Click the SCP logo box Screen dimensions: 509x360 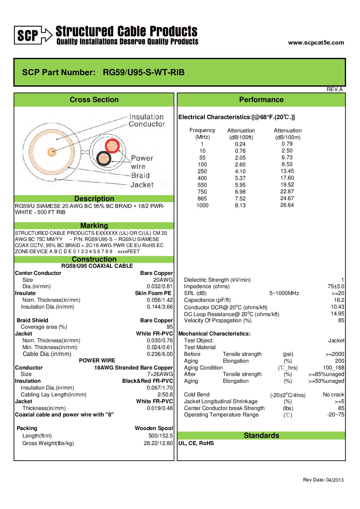click(28, 35)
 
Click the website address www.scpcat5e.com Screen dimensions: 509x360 click(316, 43)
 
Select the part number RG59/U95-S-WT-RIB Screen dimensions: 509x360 click(144, 72)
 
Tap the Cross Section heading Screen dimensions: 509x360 click(94, 100)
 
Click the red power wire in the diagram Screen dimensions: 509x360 click(112, 146)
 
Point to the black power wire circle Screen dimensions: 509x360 click(103, 158)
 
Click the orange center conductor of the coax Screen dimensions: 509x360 click(52, 151)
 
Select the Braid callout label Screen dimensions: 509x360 click(140, 176)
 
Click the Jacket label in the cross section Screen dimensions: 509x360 click(142, 185)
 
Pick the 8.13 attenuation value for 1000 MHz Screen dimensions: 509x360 click(240, 206)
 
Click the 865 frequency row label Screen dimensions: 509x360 click(202, 199)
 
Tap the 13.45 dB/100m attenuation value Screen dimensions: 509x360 click(287, 171)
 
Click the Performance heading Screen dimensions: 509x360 click(261, 100)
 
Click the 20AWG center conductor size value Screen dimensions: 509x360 click(163, 280)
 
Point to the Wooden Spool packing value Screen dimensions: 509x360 click(154, 428)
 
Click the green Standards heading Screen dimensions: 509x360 click(261, 436)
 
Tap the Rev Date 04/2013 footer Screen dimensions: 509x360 click(323, 480)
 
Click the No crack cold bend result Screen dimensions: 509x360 click(333, 395)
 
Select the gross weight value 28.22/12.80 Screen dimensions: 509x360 click(158, 443)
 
